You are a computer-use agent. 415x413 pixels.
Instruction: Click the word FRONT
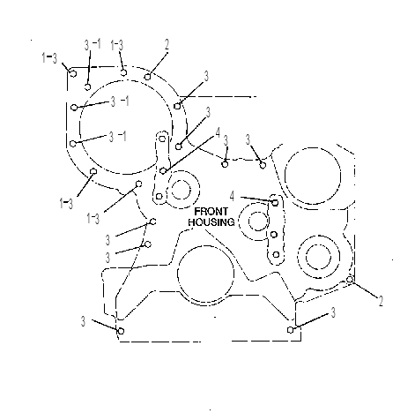[211, 212]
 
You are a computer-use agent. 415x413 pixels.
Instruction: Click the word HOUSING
[211, 222]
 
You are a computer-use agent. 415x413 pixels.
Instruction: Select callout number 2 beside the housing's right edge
[381, 301]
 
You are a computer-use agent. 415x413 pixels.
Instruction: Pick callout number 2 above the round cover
[167, 45]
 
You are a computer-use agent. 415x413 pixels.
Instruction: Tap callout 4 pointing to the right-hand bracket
[233, 196]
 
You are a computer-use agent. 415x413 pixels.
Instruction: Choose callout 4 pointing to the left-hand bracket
[218, 132]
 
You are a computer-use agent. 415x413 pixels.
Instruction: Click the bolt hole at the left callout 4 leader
[163, 170]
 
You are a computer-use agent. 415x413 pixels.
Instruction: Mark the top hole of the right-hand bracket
[275, 202]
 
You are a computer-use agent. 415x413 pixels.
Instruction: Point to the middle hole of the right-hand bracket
[274, 235]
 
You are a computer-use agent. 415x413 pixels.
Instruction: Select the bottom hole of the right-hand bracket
[276, 254]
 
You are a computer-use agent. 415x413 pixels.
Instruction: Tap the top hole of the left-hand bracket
[162, 139]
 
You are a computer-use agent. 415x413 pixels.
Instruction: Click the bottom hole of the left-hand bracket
[159, 196]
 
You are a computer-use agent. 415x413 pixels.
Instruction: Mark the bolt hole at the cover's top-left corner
[73, 73]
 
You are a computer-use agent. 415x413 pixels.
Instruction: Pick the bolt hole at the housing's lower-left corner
[121, 331]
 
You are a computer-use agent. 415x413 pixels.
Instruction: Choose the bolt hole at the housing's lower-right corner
[291, 330]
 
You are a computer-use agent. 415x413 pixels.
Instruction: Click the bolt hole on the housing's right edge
[350, 280]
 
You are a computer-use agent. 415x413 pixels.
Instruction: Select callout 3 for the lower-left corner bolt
[83, 321]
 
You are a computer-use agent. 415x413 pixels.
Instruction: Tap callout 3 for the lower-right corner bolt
[333, 312]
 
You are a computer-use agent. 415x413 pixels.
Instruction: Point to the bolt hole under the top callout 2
[148, 77]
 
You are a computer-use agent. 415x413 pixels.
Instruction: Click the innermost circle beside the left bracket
[182, 190]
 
